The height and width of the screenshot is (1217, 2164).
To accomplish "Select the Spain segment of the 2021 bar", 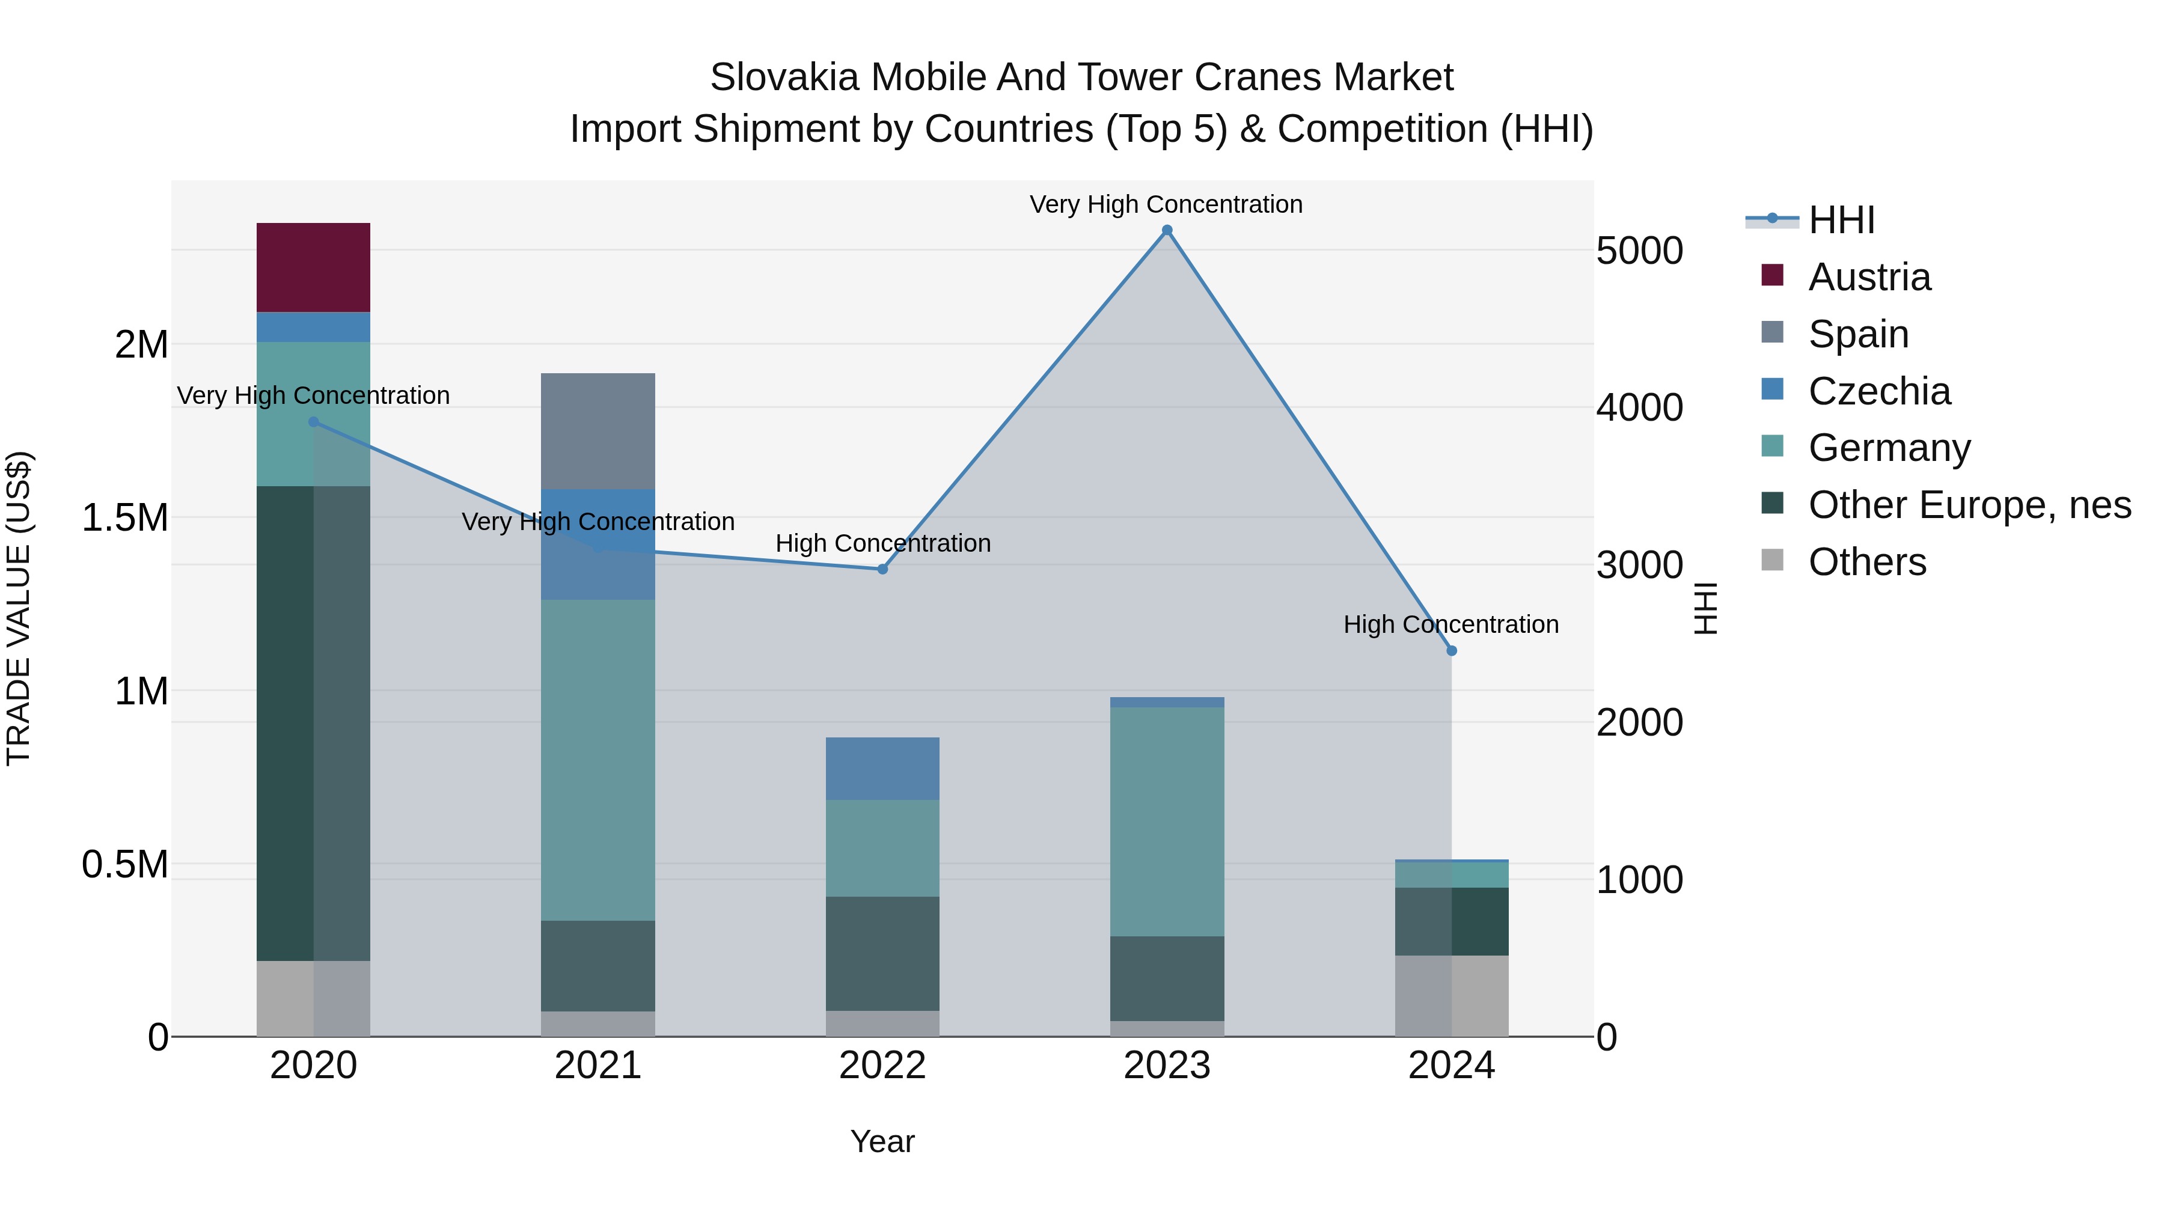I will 598,431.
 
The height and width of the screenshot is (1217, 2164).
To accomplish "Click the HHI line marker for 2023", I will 1167,230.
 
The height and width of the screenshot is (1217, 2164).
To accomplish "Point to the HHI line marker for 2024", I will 1452,651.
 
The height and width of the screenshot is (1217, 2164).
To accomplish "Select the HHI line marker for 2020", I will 313,422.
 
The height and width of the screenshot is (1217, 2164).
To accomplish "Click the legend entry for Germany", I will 1889,448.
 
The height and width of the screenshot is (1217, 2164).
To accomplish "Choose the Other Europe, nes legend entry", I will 1969,505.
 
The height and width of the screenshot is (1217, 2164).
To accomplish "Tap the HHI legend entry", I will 1841,220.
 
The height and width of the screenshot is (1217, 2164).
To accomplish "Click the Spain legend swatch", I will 1771,332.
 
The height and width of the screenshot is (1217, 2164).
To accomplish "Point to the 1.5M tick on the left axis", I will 124,518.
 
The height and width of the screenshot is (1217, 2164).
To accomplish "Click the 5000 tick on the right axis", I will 1639,250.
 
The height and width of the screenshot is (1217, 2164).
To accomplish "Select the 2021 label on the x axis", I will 598,1066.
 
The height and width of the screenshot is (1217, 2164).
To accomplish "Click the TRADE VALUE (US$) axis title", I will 19,608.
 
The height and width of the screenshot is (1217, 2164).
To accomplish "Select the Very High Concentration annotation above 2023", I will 1166,204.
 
